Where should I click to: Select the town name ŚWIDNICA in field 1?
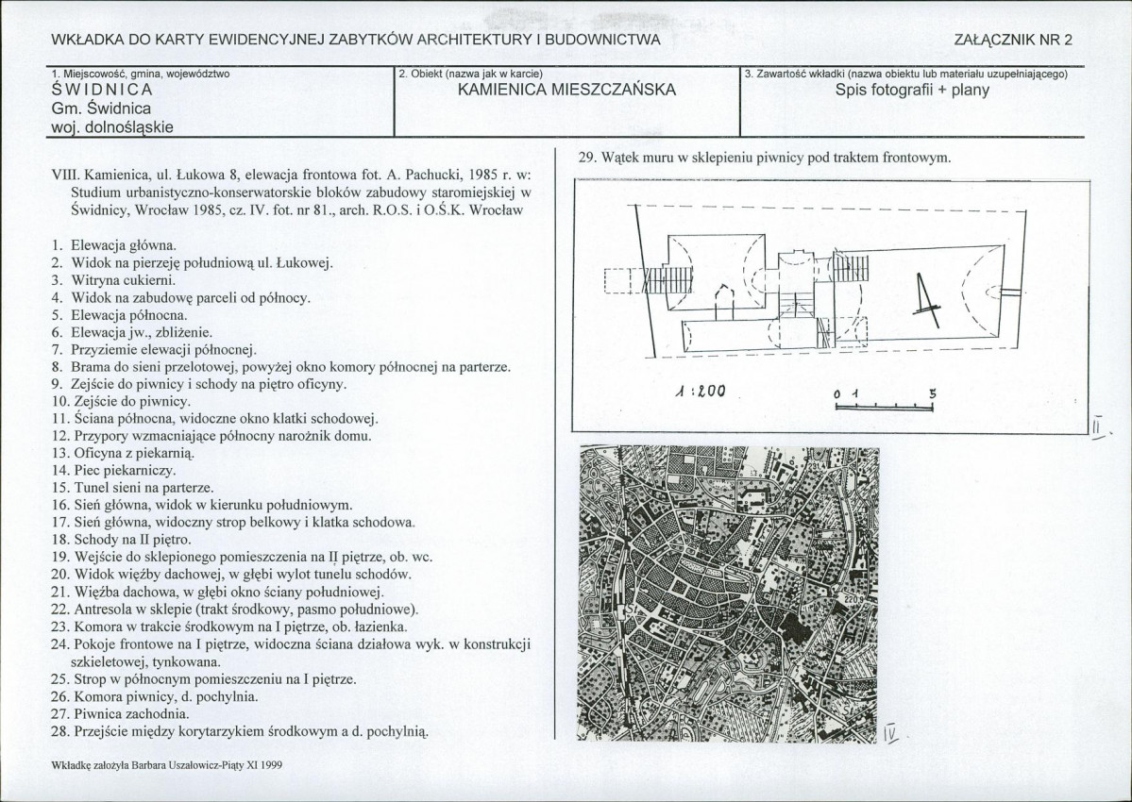(102, 91)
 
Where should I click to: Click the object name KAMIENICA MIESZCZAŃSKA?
(566, 91)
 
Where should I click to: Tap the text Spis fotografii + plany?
(912, 92)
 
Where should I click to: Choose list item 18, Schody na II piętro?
(129, 540)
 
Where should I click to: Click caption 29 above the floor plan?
(761, 159)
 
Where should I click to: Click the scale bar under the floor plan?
(885, 408)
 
